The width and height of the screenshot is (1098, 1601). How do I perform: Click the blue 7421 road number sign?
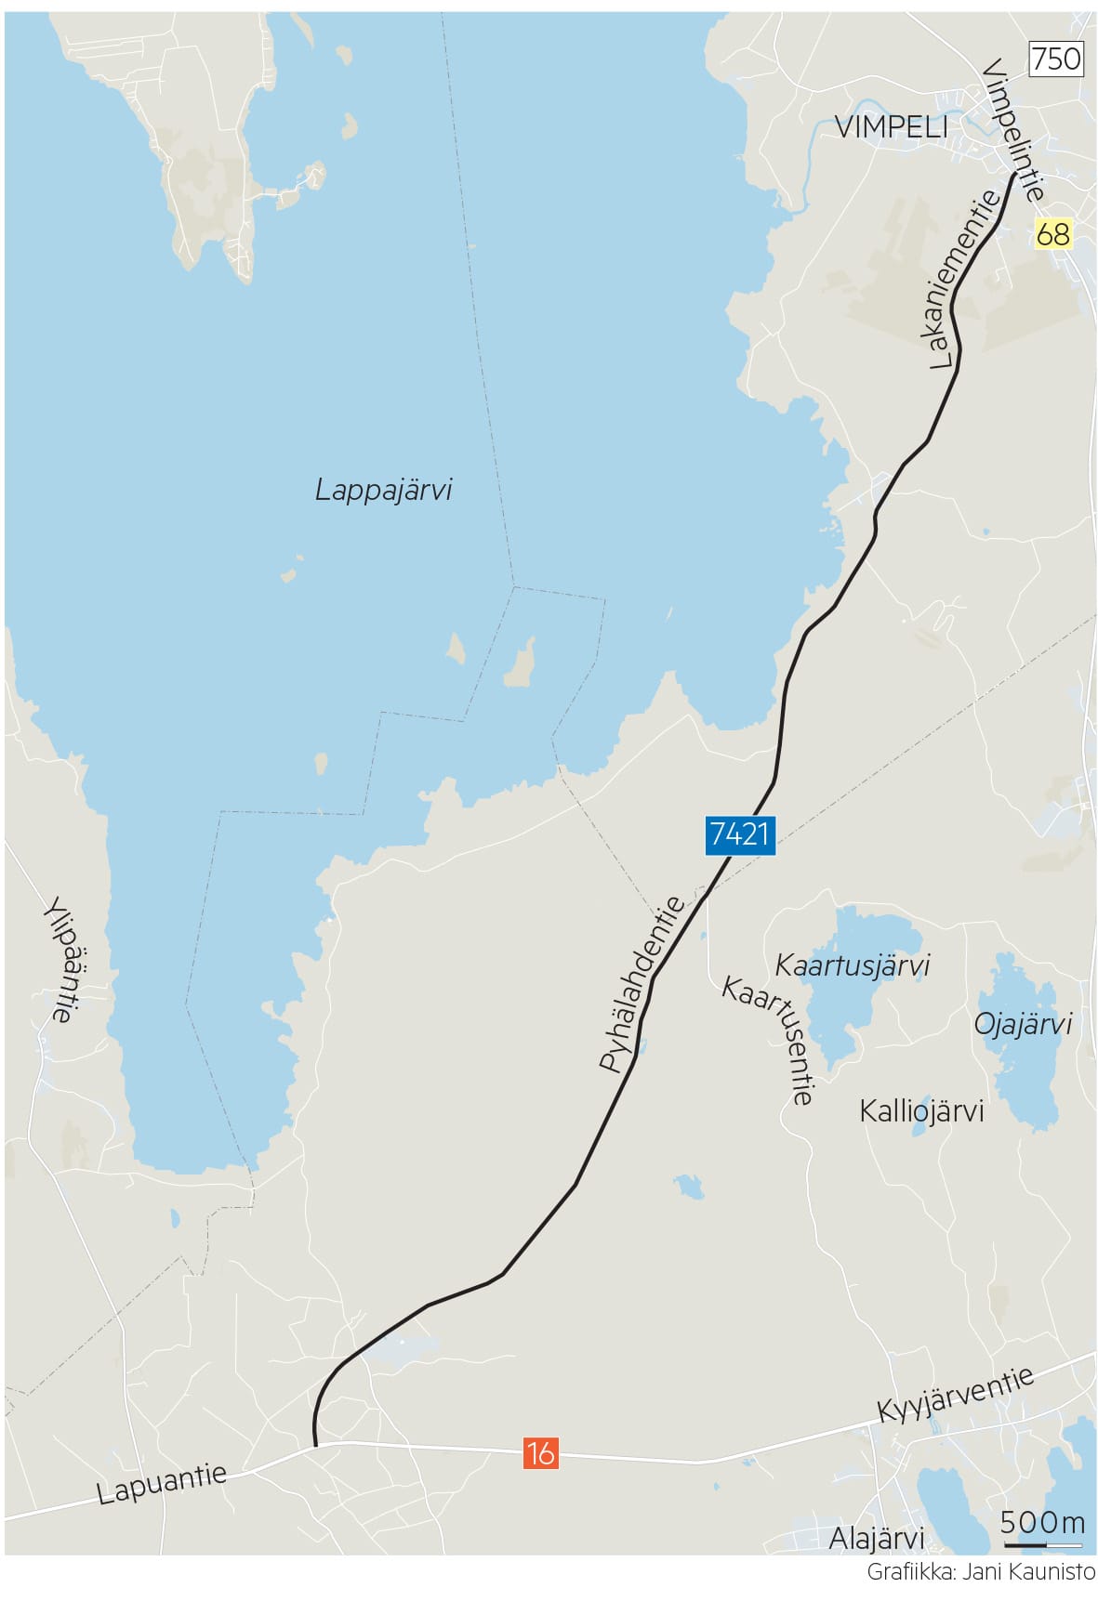tap(739, 833)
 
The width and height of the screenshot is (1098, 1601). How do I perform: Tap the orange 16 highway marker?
tap(540, 1451)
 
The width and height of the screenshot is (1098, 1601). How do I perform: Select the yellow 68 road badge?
tap(1052, 233)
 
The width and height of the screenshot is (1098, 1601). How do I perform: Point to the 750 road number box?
tap(1056, 59)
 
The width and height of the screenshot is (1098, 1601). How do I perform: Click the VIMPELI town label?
tap(891, 127)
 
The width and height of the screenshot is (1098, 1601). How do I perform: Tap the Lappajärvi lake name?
tap(383, 490)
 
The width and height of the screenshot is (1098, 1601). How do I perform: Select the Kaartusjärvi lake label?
tap(852, 965)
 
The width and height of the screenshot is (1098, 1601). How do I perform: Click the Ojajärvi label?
tap(1022, 1024)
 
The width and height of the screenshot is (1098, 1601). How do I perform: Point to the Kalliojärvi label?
tap(920, 1110)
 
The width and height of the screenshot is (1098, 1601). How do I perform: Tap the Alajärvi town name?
tap(876, 1538)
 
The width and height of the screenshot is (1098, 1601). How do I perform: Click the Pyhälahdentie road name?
tap(642, 985)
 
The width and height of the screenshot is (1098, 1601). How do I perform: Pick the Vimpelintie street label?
tap(1012, 130)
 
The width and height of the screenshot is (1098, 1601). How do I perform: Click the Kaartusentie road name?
tap(769, 1041)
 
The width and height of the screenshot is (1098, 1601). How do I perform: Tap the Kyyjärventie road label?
tap(956, 1394)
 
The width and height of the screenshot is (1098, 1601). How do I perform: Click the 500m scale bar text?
tap(1042, 1523)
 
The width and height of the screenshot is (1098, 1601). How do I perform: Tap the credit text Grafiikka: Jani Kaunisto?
tap(980, 1572)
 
